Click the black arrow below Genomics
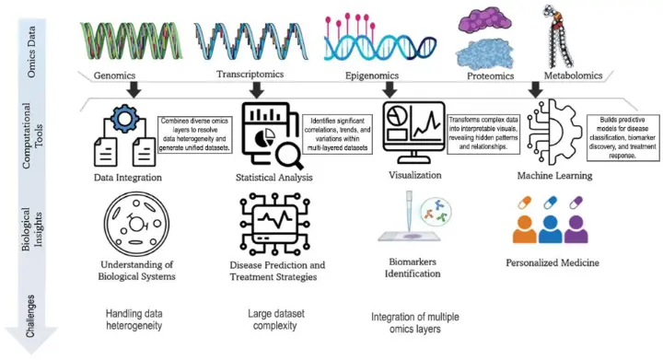coord(134,89)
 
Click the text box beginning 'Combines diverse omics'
coord(195,135)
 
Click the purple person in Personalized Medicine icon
coord(586,238)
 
